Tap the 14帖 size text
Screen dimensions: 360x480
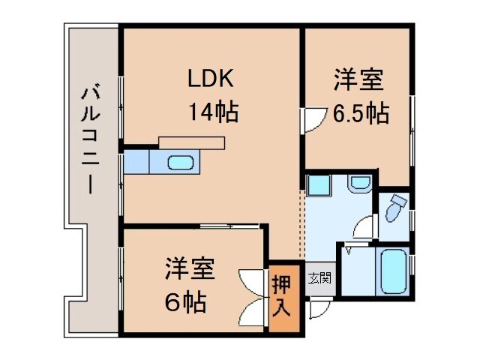[x=213, y=113]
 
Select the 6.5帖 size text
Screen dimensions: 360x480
[x=360, y=114]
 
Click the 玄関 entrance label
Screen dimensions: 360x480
[x=319, y=278]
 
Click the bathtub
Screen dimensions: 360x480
[x=394, y=272]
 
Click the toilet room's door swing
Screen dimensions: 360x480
[x=365, y=225]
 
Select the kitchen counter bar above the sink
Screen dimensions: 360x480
[x=192, y=142]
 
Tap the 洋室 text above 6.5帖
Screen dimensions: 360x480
[x=359, y=79]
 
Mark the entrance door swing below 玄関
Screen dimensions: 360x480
[x=317, y=307]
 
